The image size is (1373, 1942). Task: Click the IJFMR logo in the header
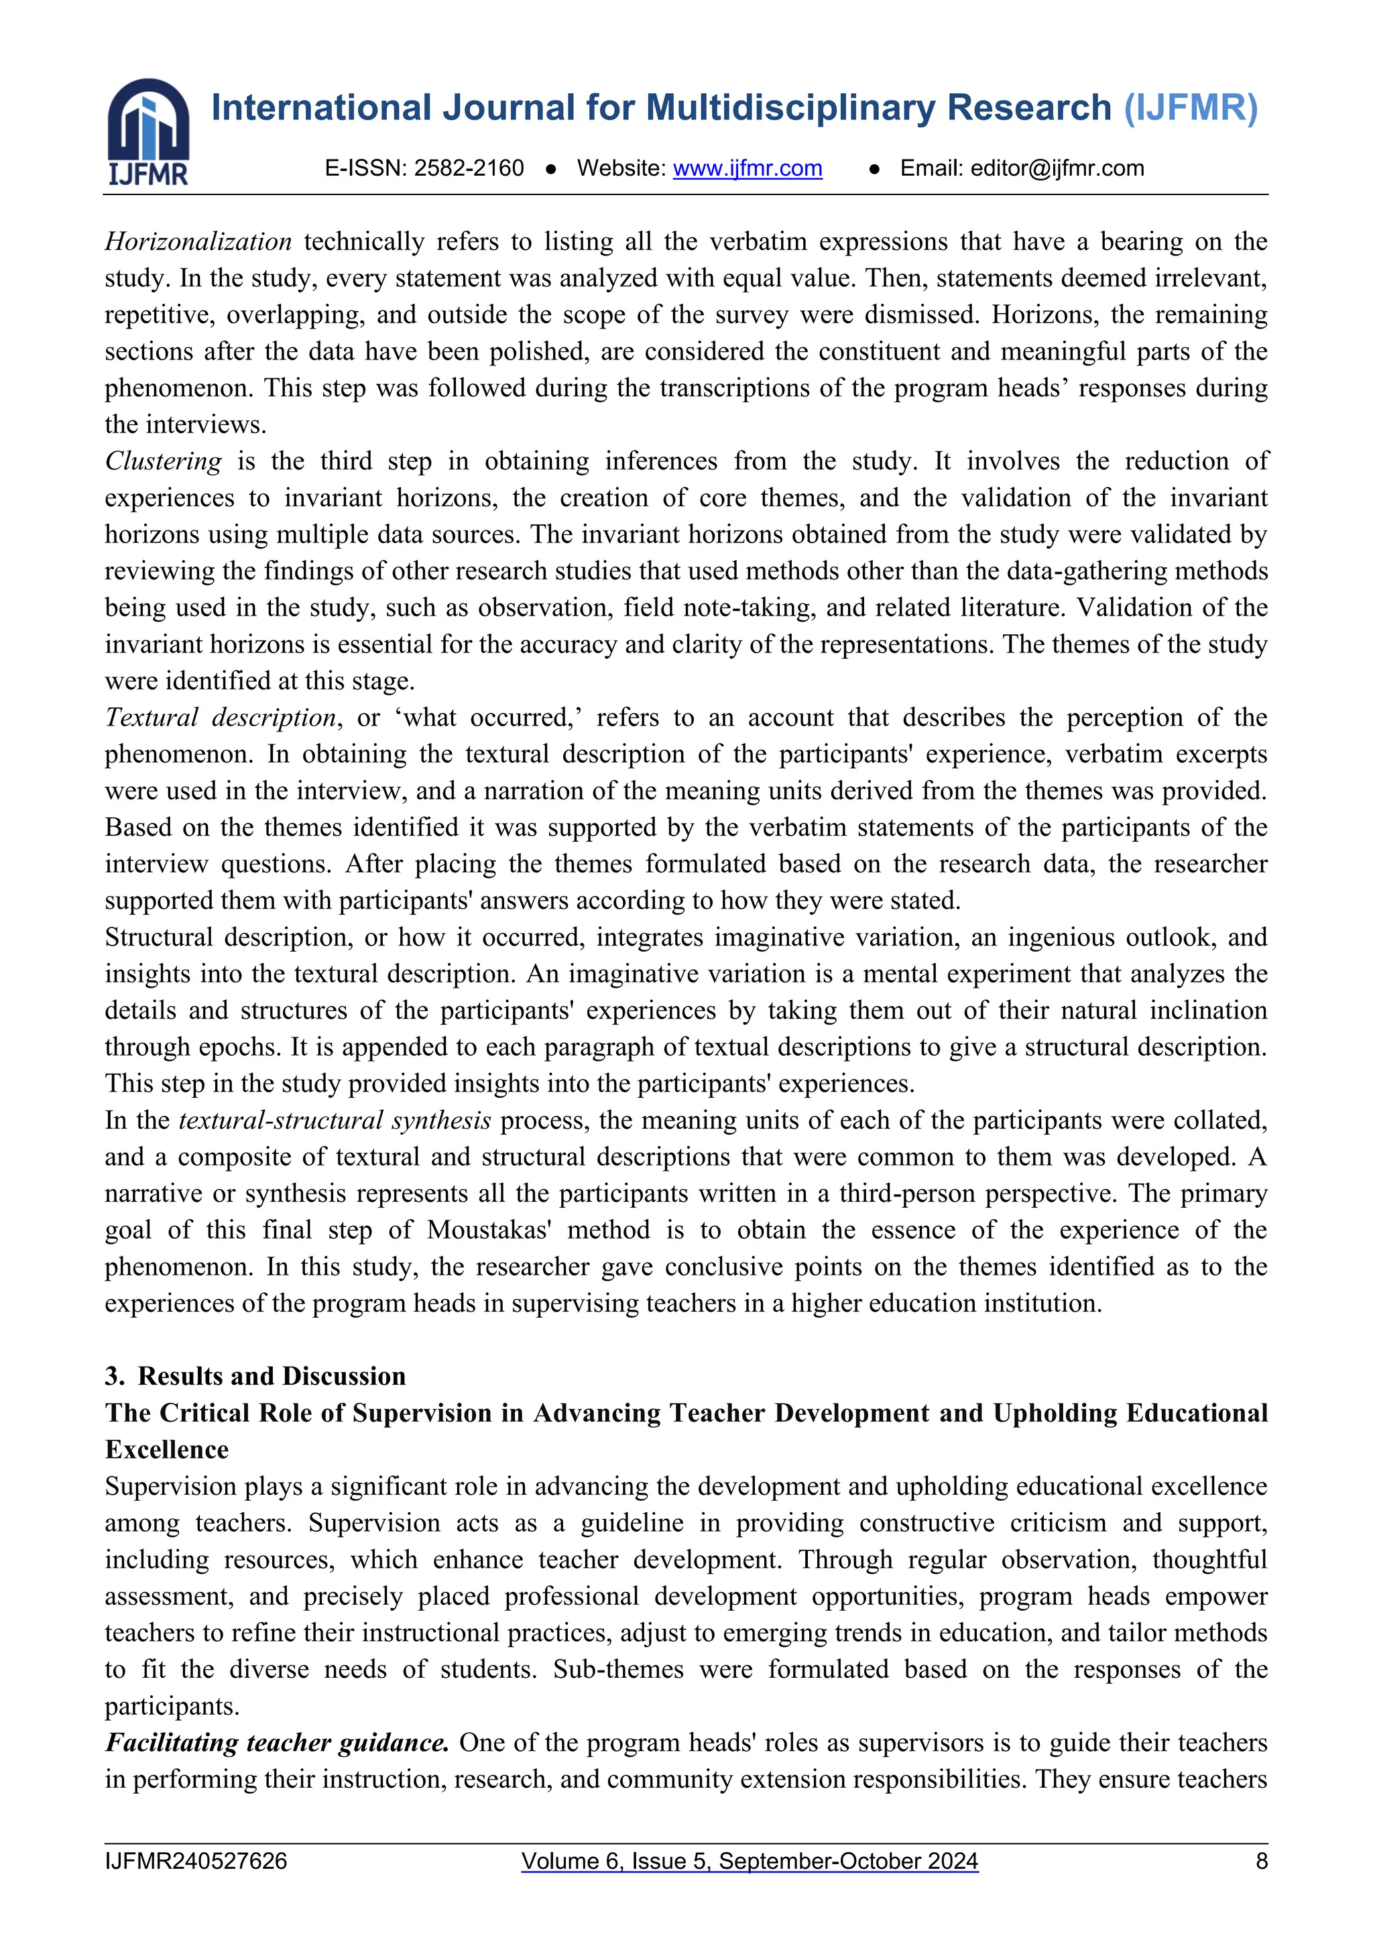pyautogui.click(x=148, y=131)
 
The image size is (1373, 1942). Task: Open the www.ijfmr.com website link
pyautogui.click(x=748, y=168)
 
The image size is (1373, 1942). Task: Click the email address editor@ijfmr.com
pyautogui.click(x=1057, y=168)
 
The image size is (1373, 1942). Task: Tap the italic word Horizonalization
pyautogui.click(x=198, y=242)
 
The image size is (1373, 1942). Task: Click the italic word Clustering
pyautogui.click(x=163, y=461)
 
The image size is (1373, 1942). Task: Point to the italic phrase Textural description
pyautogui.click(x=221, y=718)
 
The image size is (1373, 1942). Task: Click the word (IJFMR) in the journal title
pyautogui.click(x=1191, y=108)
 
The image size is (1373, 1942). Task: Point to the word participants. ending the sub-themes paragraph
pyautogui.click(x=172, y=1706)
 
